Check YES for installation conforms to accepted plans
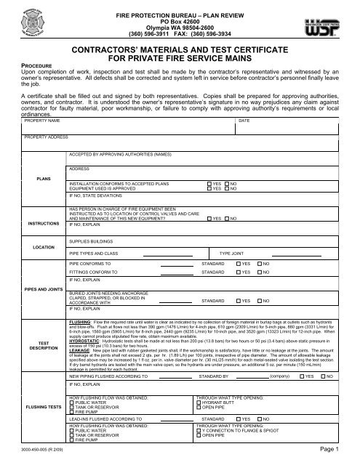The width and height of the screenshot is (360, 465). pyautogui.click(x=209, y=185)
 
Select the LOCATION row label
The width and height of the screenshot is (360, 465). pyautogui.click(x=35, y=247)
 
